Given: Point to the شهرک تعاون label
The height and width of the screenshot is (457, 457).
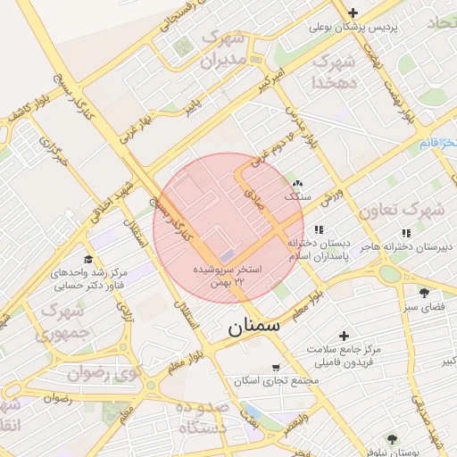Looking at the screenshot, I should tap(401, 212).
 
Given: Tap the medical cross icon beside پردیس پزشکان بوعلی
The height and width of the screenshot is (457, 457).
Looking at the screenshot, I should tap(353, 12).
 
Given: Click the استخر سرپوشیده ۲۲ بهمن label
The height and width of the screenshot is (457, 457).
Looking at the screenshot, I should tap(229, 275).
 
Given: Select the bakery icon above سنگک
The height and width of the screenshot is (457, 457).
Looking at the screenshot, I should tap(297, 182).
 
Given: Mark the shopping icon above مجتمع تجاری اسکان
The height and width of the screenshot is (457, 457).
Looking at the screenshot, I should tap(275, 367).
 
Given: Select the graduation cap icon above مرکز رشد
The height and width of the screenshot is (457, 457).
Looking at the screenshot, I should tap(87, 259).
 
